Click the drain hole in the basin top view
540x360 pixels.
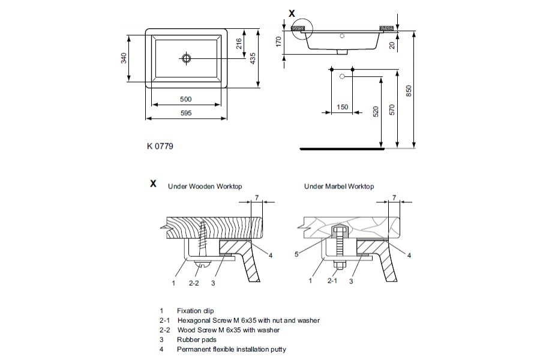pyautogui.click(x=186, y=58)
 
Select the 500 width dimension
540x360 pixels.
pyautogui.click(x=186, y=99)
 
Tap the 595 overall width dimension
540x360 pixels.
pyautogui.click(x=186, y=113)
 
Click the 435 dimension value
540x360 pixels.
pyautogui.click(x=253, y=58)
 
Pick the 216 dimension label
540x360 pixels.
pyautogui.click(x=239, y=44)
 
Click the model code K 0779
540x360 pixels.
pyautogui.click(x=160, y=146)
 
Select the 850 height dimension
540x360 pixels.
pyautogui.click(x=409, y=90)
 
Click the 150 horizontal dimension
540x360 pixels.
pyautogui.click(x=342, y=107)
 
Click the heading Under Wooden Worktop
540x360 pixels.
pyautogui.click(x=205, y=187)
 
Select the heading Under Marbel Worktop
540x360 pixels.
pyautogui.click(x=339, y=187)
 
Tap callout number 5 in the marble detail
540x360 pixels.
pyautogui.click(x=297, y=254)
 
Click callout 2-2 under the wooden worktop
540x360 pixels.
pyautogui.click(x=194, y=280)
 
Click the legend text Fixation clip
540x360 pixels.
pyautogui.click(x=195, y=311)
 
